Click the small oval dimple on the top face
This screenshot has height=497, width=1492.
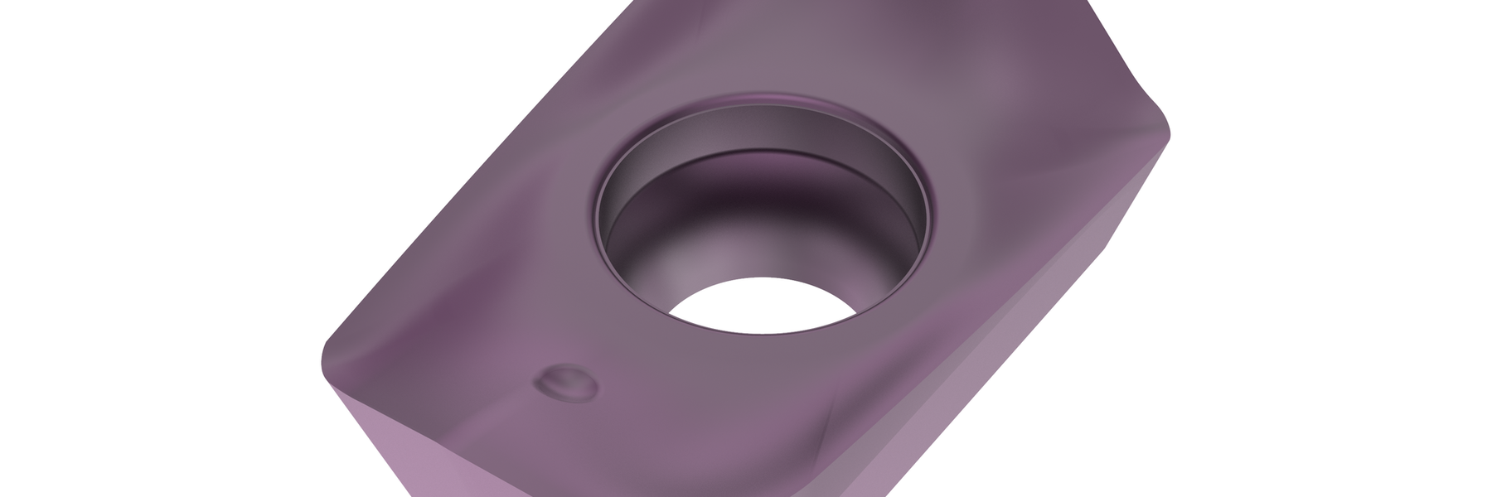568,383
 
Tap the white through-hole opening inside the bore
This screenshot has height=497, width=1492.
763,306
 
